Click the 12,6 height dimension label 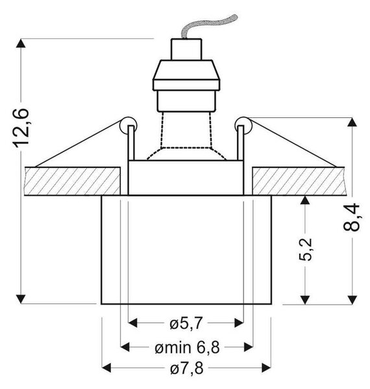coord(21,128)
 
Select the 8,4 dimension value coord(352,217)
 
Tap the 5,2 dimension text coord(305,250)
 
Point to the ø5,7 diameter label coord(186,324)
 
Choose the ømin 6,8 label coord(187,348)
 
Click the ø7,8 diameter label coord(186,368)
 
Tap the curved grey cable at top coord(207,26)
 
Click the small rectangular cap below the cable coord(186,49)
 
